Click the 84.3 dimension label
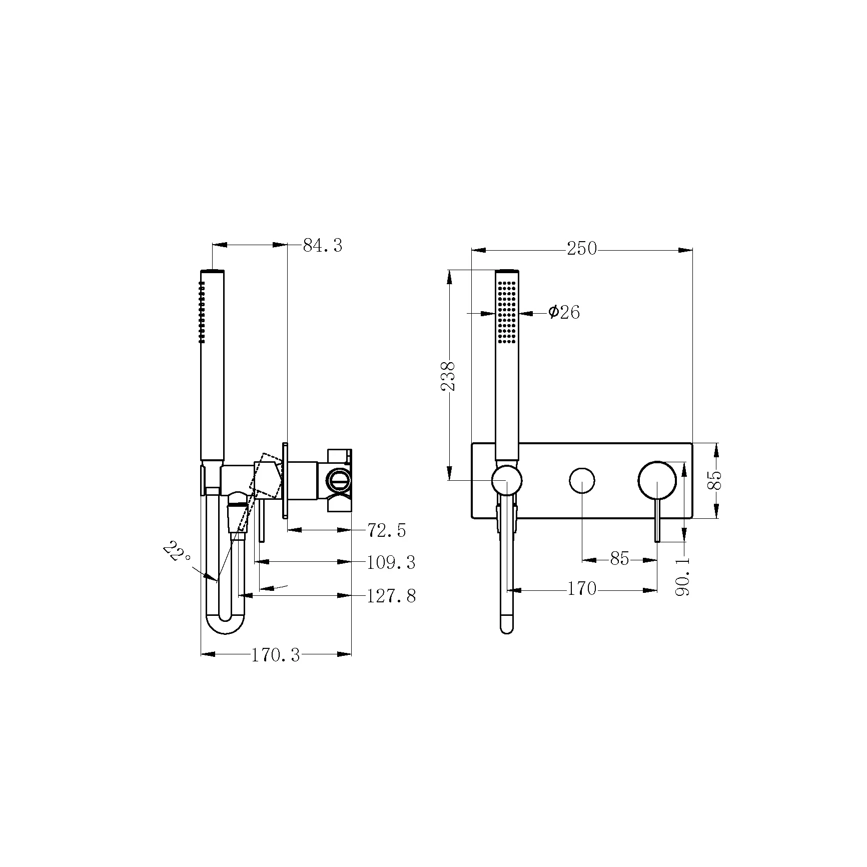(x=323, y=246)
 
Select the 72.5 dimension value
(x=387, y=530)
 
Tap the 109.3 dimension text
(x=391, y=563)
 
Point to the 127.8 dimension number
(x=391, y=596)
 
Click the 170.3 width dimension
(x=276, y=654)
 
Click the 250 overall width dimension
(x=582, y=249)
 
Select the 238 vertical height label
(x=449, y=376)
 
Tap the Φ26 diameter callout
(x=564, y=312)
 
